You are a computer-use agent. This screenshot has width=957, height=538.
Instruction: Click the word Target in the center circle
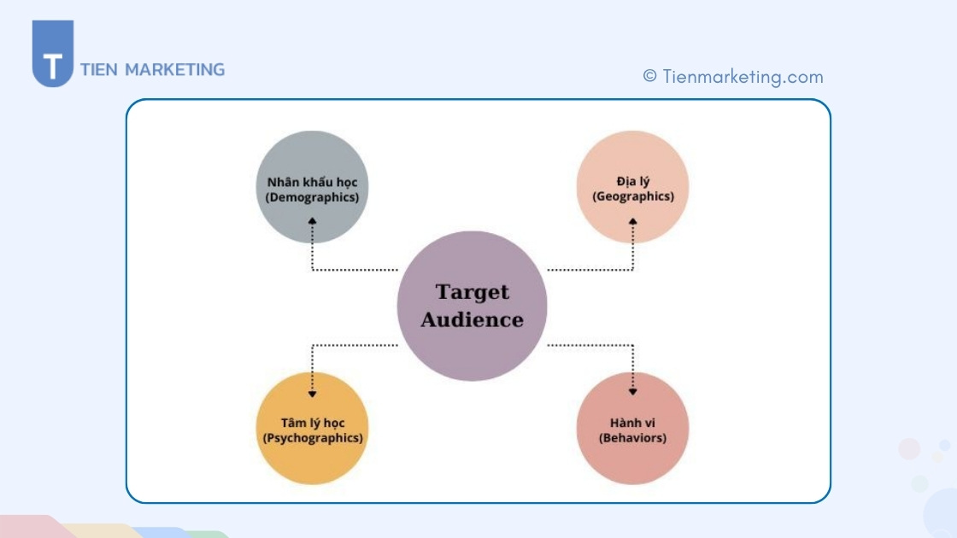pos(472,292)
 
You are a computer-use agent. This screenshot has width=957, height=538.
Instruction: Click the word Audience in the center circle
pos(472,320)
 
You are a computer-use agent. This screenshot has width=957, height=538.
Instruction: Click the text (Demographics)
pos(312,197)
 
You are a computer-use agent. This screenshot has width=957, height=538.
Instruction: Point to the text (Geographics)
pos(632,196)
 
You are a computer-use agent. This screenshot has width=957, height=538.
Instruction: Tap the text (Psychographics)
pos(312,438)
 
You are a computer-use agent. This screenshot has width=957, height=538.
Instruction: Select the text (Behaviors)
pos(632,438)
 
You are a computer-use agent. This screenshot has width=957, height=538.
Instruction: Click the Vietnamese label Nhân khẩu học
pos(312,182)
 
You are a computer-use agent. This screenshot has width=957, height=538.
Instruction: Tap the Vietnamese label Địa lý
pos(632,181)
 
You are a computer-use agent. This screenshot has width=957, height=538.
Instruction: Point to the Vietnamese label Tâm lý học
pos(312,423)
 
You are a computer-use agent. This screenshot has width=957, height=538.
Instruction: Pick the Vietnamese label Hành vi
pos(632,423)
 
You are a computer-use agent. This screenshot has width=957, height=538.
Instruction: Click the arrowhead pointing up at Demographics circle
pos(313,222)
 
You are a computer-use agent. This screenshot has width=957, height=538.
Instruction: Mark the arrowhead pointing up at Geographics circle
pos(633,222)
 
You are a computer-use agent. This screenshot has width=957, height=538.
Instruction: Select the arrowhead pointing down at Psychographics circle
pos(313,393)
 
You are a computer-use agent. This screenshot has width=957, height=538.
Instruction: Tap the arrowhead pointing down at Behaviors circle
pos(633,392)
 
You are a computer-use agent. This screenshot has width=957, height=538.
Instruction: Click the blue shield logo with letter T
pos(53,55)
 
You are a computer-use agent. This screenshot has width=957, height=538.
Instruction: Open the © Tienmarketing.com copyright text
pos(733,77)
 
